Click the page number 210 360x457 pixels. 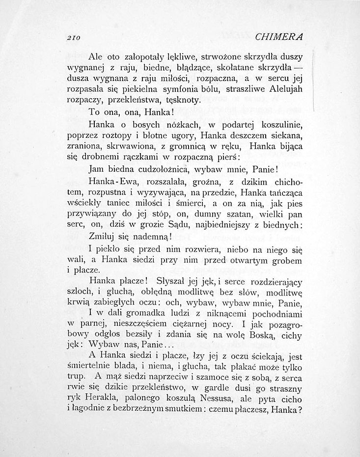coord(75,37)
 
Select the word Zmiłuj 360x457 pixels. coord(105,237)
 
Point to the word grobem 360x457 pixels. coord(285,259)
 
